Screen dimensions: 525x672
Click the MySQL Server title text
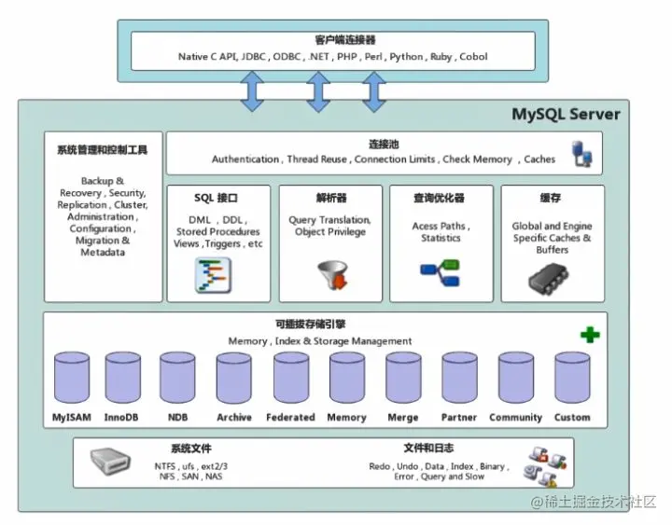[x=565, y=115]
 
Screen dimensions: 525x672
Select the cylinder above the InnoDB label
[x=122, y=378]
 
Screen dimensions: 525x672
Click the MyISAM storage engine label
[x=72, y=417]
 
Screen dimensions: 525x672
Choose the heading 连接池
[x=384, y=145]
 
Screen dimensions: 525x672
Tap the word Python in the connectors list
[x=406, y=57]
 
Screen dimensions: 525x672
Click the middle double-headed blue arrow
[x=318, y=91]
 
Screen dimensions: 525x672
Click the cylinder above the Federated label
[x=290, y=378]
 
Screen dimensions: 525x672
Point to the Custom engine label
[x=572, y=417]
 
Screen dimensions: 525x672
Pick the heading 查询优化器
[x=440, y=199]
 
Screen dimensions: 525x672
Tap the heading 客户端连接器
[x=332, y=40]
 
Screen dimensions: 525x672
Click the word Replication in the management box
[x=81, y=205]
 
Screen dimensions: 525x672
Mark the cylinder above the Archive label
[x=234, y=378]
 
